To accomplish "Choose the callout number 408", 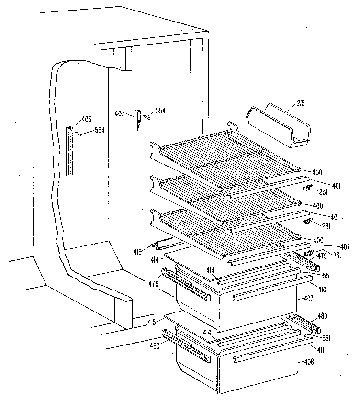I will (x=309, y=362).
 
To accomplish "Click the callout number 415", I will (x=153, y=322).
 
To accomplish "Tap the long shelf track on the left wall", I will (x=71, y=151).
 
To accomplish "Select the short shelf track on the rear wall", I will (x=139, y=120).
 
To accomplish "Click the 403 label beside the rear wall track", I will (x=121, y=113).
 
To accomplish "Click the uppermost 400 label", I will (x=317, y=172).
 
